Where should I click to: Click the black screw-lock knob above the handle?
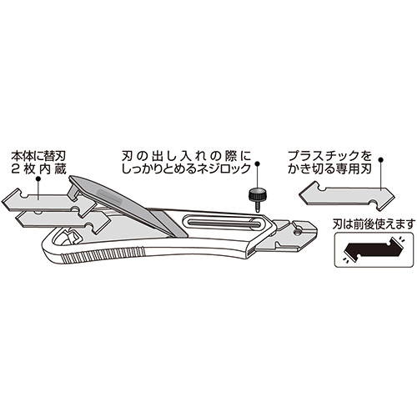257,194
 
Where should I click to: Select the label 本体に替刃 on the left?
38,156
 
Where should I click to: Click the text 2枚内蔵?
38,169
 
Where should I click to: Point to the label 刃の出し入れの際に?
186,156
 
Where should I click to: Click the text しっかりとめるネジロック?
186,168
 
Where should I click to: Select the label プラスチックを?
329,156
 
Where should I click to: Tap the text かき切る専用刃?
329,168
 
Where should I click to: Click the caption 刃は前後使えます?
374,224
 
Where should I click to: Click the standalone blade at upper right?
347,196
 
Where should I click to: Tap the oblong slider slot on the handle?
222,223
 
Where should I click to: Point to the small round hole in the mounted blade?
299,232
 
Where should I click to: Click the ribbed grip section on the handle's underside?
103,253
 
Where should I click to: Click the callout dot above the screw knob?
258,163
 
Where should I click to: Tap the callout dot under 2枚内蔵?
38,179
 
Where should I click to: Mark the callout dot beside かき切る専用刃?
380,159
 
